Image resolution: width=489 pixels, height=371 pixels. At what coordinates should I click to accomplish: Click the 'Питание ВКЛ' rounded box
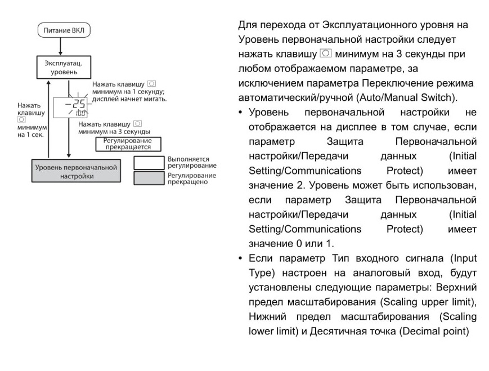[x=64, y=30]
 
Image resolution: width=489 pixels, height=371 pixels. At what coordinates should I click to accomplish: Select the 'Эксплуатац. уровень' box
[x=64, y=68]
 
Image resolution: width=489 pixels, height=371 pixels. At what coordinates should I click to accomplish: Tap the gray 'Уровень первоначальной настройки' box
[x=77, y=171]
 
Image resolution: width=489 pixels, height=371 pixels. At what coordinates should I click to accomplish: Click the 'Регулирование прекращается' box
[x=128, y=144]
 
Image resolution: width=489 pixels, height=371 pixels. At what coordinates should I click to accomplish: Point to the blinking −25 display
[x=70, y=108]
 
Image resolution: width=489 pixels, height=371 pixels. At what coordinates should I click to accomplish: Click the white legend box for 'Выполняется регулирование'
[x=149, y=163]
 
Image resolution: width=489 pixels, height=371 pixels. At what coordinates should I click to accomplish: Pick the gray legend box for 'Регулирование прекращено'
[x=149, y=178]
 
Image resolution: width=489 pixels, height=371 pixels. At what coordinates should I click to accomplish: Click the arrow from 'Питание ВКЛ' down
[x=61, y=47]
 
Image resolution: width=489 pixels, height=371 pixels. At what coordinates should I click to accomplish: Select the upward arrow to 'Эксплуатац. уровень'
[x=48, y=119]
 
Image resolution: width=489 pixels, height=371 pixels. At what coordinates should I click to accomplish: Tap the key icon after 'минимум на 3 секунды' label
[x=137, y=124]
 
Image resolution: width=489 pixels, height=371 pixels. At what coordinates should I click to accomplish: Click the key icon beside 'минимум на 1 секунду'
[x=151, y=84]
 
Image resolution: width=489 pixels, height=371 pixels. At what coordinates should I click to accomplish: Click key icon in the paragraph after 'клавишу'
[x=326, y=53]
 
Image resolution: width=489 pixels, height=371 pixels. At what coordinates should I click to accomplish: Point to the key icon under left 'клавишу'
[x=21, y=119]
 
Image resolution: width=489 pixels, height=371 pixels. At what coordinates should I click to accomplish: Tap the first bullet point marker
[x=240, y=113]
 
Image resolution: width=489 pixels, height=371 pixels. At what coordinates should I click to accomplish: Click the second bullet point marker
[x=240, y=258]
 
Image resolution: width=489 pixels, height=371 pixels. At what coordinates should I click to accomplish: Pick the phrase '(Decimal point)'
[x=434, y=331]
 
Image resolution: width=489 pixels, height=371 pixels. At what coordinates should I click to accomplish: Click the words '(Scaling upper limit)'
[x=428, y=302]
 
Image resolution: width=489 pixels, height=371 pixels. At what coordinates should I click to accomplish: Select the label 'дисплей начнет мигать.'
[x=129, y=99]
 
